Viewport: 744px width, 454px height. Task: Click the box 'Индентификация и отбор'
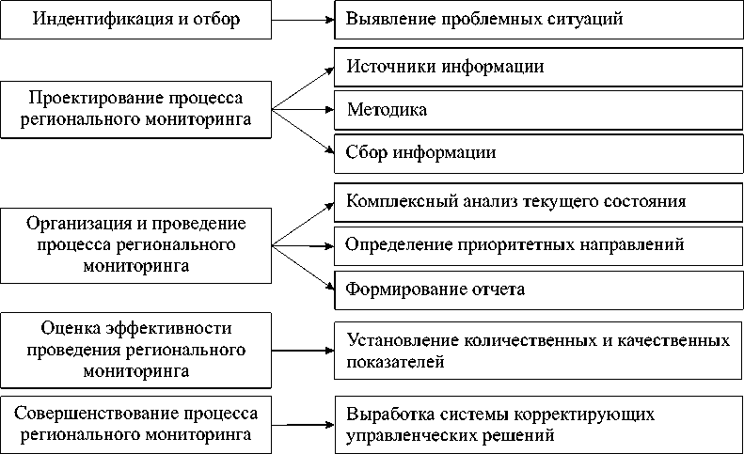tap(135, 20)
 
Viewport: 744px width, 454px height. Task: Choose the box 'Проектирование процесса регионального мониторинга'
tap(135, 109)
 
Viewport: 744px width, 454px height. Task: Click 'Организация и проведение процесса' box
tap(135, 244)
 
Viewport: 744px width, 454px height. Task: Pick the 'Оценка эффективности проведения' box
tap(135, 349)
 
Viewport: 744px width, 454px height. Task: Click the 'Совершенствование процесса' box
tap(135, 424)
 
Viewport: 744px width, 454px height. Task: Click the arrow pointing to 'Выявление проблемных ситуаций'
tap(303, 20)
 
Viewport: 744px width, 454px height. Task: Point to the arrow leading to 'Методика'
tap(303, 111)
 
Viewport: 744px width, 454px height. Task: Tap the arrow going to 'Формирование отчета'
tap(303, 267)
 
